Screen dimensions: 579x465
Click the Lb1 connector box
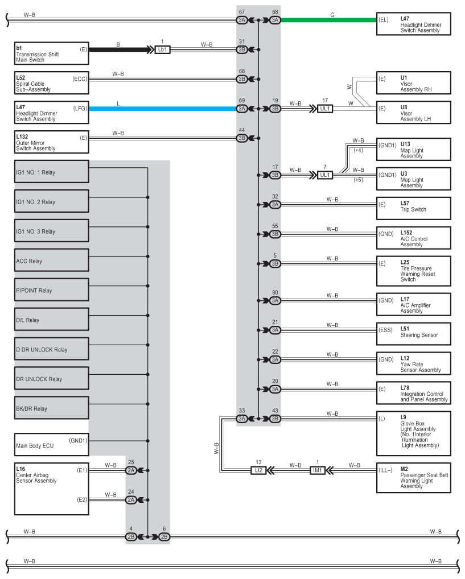click(163, 49)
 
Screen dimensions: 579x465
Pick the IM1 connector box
click(318, 470)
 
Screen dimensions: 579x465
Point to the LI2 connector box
click(258, 470)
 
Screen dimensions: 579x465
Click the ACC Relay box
click(52, 261)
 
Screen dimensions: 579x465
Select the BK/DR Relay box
click(52, 409)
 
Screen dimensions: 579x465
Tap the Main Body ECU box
click(52, 445)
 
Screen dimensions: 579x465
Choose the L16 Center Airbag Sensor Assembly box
click(52, 489)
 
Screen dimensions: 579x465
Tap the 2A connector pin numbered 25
click(131, 470)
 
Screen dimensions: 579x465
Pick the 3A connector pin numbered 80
click(275, 300)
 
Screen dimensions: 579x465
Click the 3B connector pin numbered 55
click(275, 234)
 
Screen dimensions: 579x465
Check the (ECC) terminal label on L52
click(80, 79)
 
